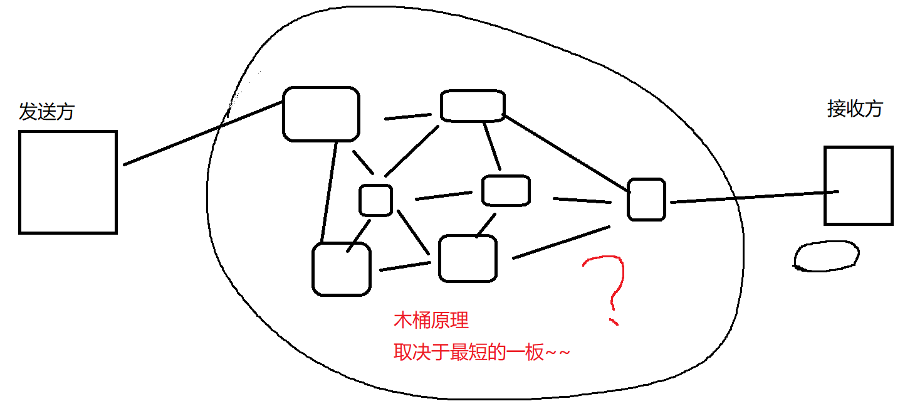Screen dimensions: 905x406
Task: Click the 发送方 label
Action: (x=46, y=112)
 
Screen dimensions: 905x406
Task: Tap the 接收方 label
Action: (x=854, y=109)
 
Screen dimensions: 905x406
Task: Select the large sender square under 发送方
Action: (x=68, y=182)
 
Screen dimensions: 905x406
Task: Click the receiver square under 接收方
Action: (x=857, y=186)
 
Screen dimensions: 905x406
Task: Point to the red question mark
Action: (x=607, y=286)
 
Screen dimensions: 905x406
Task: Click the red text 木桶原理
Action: (x=431, y=321)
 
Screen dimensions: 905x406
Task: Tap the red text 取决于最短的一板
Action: (x=481, y=353)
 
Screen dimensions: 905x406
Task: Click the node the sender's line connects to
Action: (x=322, y=114)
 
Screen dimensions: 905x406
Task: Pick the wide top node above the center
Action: (x=472, y=105)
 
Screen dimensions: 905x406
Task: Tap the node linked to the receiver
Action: (x=646, y=200)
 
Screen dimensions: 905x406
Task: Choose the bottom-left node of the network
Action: (x=341, y=269)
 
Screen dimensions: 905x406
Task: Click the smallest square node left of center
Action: (x=375, y=200)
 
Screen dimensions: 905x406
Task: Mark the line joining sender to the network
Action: (x=201, y=134)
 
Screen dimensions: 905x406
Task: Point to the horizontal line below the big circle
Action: (x=458, y=405)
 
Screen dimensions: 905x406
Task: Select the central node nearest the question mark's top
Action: (x=506, y=191)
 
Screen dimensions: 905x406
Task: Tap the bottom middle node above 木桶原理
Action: (x=468, y=259)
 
